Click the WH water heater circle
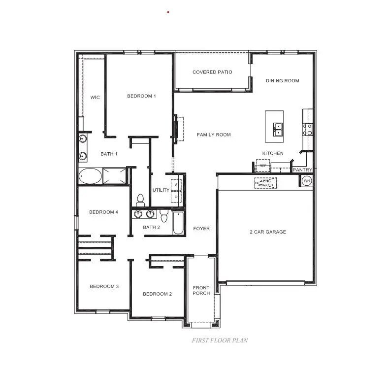point(306,181)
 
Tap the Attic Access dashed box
point(265,183)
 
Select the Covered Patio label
point(212,72)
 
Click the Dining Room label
point(282,81)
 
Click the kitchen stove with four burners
point(307,129)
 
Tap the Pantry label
point(302,170)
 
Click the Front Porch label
point(201,290)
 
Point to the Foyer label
point(201,229)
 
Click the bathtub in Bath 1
point(90,175)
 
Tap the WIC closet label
point(95,98)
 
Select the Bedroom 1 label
point(141,96)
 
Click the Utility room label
point(161,190)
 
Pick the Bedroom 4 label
point(103,212)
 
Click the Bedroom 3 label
point(103,286)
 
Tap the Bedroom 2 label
point(157,294)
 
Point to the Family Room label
point(214,135)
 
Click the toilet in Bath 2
point(164,215)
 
